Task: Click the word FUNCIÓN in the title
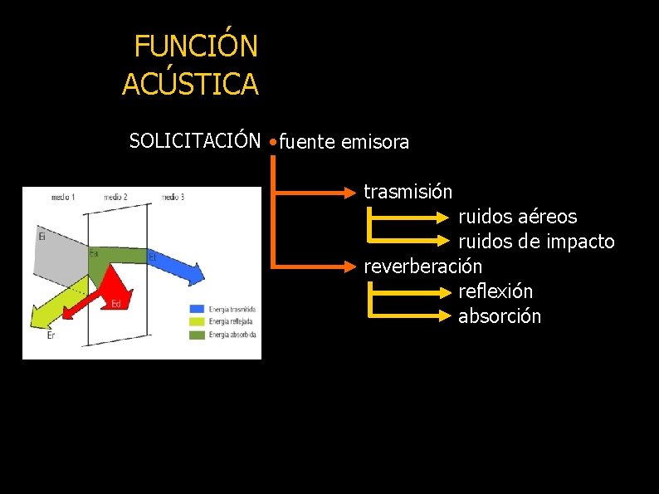point(196,46)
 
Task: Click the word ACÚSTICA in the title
point(190,84)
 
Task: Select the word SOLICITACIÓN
point(195,141)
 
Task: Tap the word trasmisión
point(408,192)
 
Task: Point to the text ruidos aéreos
point(517,217)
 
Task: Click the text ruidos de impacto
point(536,242)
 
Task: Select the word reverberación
point(422,267)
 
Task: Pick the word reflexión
point(495,291)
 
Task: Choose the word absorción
point(499,316)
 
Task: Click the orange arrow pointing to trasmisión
point(315,193)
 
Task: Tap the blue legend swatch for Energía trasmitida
point(198,310)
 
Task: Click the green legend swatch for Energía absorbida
point(198,335)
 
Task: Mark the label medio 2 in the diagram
point(115,198)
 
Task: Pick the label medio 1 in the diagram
point(63,198)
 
